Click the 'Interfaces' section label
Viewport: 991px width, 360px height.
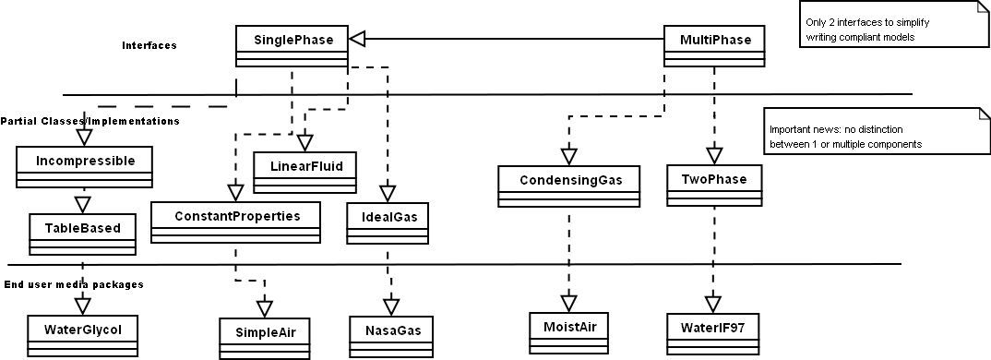[149, 45]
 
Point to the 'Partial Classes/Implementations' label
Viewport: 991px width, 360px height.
[90, 121]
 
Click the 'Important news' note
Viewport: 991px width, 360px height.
[872, 137]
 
